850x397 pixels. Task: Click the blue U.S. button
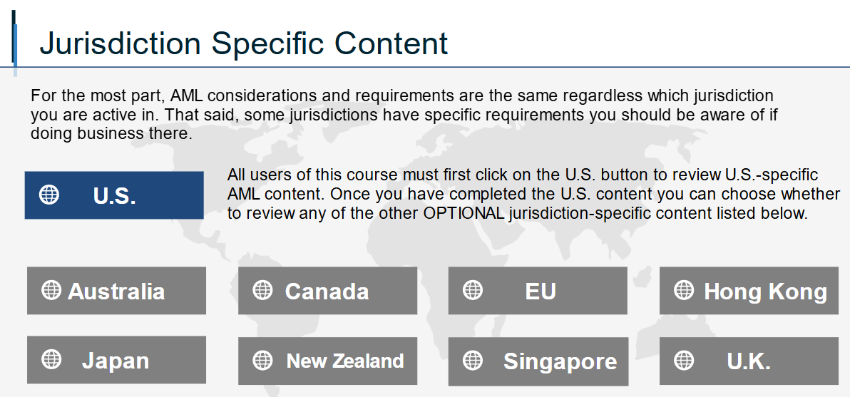pos(114,195)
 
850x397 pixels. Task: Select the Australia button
pos(116,290)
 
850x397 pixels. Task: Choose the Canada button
pos(327,290)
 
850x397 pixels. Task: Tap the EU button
pos(538,290)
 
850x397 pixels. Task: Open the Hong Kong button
pos(749,290)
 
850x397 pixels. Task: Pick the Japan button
pos(116,360)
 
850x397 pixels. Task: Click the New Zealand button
pos(327,361)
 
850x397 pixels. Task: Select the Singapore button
pos(538,361)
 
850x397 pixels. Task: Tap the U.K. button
pos(749,361)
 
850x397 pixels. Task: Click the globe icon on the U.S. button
pos(49,195)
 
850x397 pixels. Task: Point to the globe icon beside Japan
pos(51,359)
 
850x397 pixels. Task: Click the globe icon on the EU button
pos(473,290)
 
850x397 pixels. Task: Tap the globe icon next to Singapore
pos(473,360)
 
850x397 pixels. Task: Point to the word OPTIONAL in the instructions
pos(464,213)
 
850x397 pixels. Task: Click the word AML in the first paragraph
pos(187,96)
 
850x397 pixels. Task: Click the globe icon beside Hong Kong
pos(684,290)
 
